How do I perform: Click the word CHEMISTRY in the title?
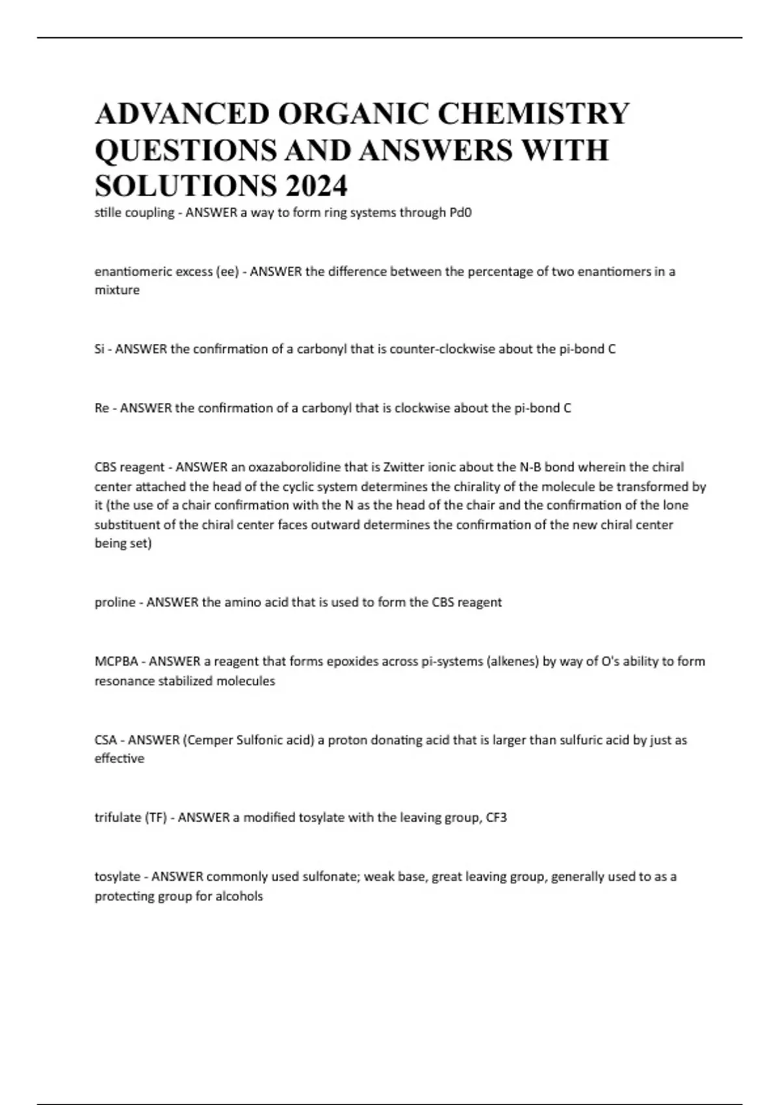coord(534,113)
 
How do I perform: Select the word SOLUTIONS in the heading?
coord(184,186)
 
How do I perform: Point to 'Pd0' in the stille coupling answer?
coord(460,213)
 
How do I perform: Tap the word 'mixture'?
coord(117,291)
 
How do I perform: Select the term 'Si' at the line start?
coord(99,349)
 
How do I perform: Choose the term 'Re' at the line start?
coord(101,408)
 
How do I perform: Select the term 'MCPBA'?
coord(116,662)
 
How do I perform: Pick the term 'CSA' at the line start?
coord(106,740)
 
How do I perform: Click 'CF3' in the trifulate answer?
coord(496,818)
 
